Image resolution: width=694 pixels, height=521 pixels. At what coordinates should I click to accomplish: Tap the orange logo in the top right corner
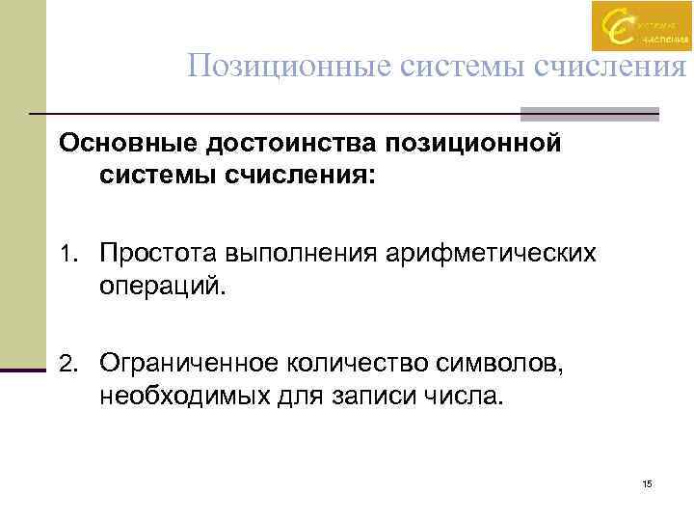[641, 26]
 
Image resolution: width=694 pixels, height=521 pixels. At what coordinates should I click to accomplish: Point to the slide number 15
[647, 483]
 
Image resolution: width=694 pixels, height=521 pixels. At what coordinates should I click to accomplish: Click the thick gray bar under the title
[589, 113]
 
